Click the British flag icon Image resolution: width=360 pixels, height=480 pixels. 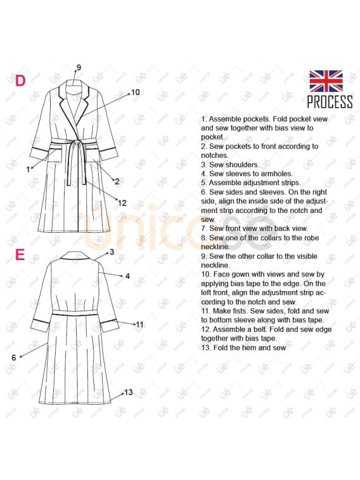(326, 81)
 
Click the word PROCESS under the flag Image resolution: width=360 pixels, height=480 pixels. (330, 102)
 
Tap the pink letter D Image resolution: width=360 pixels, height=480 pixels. (20, 81)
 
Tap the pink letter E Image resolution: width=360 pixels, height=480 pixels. (20, 254)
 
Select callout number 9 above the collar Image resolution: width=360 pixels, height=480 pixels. (79, 67)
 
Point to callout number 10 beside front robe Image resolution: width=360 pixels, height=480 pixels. (135, 92)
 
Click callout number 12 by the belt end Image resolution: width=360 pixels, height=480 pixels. (122, 203)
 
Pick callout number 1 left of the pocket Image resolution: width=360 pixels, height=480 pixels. (28, 169)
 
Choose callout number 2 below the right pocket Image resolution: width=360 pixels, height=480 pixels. (117, 181)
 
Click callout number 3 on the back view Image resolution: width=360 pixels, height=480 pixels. (112, 252)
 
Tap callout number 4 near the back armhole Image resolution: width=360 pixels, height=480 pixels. (127, 276)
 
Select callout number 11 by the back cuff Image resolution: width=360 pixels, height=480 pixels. (139, 325)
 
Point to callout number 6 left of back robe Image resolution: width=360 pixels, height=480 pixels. (14, 357)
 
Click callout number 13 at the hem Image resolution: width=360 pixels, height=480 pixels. (129, 392)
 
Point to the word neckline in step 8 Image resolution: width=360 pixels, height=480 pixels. (215, 247)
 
